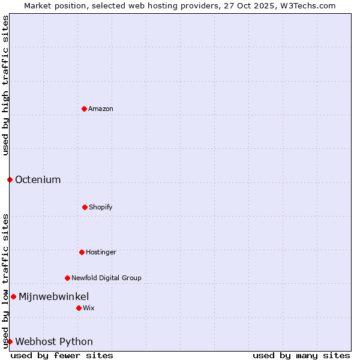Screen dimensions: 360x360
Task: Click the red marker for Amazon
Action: tap(84, 109)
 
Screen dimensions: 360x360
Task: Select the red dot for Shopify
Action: tap(85, 207)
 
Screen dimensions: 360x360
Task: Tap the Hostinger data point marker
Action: tap(82, 252)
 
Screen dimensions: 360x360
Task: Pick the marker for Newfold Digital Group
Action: tap(67, 278)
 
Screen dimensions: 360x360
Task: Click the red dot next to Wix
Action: tap(79, 308)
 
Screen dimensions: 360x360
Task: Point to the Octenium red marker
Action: tap(10, 179)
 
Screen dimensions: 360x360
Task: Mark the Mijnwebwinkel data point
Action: tap(13, 296)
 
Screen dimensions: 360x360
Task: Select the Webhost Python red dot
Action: tap(10, 341)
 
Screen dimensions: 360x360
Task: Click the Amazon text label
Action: tap(101, 109)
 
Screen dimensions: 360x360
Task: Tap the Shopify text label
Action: tap(101, 207)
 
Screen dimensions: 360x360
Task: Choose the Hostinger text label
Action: tap(101, 252)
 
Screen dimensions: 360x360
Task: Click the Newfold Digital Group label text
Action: tap(106, 278)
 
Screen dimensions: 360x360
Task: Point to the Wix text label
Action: tap(89, 308)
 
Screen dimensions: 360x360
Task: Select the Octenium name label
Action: tap(38, 179)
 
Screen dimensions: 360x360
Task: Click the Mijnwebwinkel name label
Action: tap(54, 296)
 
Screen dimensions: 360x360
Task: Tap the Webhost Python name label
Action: tap(54, 341)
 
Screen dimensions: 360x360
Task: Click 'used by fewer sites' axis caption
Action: tap(62, 355)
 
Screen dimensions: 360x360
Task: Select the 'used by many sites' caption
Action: tap(301, 355)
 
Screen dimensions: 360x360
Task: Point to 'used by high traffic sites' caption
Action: tap(5, 85)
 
